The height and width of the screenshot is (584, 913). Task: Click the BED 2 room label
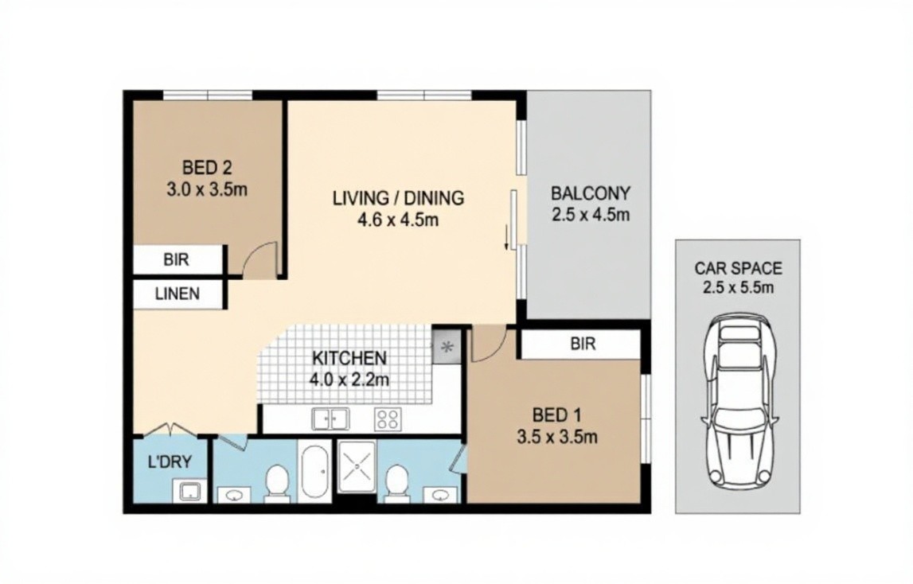tap(207, 168)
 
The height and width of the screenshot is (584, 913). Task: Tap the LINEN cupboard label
tap(178, 294)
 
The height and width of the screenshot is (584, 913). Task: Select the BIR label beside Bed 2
tap(177, 259)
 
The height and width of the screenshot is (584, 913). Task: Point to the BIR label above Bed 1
tap(583, 344)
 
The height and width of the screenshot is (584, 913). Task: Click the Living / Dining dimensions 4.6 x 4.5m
tap(398, 220)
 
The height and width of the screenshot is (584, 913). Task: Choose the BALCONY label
tap(591, 193)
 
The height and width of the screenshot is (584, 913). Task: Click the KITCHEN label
tap(349, 357)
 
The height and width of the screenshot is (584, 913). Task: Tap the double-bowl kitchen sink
tap(330, 419)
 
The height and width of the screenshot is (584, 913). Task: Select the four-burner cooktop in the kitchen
tap(387, 419)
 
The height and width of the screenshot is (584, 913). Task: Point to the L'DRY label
tap(170, 462)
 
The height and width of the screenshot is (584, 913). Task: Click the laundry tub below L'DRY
tap(189, 491)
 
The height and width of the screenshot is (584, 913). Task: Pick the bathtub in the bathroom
tap(315, 472)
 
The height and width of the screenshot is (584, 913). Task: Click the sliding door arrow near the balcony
tap(506, 238)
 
